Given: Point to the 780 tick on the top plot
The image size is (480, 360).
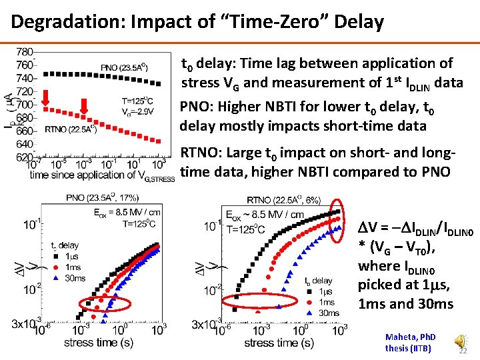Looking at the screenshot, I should point(25,52).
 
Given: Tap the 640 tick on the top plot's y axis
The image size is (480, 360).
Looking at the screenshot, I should point(25,143).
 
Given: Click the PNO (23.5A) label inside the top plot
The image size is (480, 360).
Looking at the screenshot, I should point(124,67).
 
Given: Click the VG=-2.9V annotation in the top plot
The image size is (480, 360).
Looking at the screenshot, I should point(138,111).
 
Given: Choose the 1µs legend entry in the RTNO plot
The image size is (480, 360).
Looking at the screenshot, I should point(324,291).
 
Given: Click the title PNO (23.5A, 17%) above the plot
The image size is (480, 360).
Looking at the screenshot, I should point(102,197).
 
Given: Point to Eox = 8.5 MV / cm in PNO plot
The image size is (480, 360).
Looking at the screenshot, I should point(123,213).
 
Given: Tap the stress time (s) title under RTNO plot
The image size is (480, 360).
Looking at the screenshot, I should point(279,343).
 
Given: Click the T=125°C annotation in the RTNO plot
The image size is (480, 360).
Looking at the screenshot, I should point(248,230).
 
